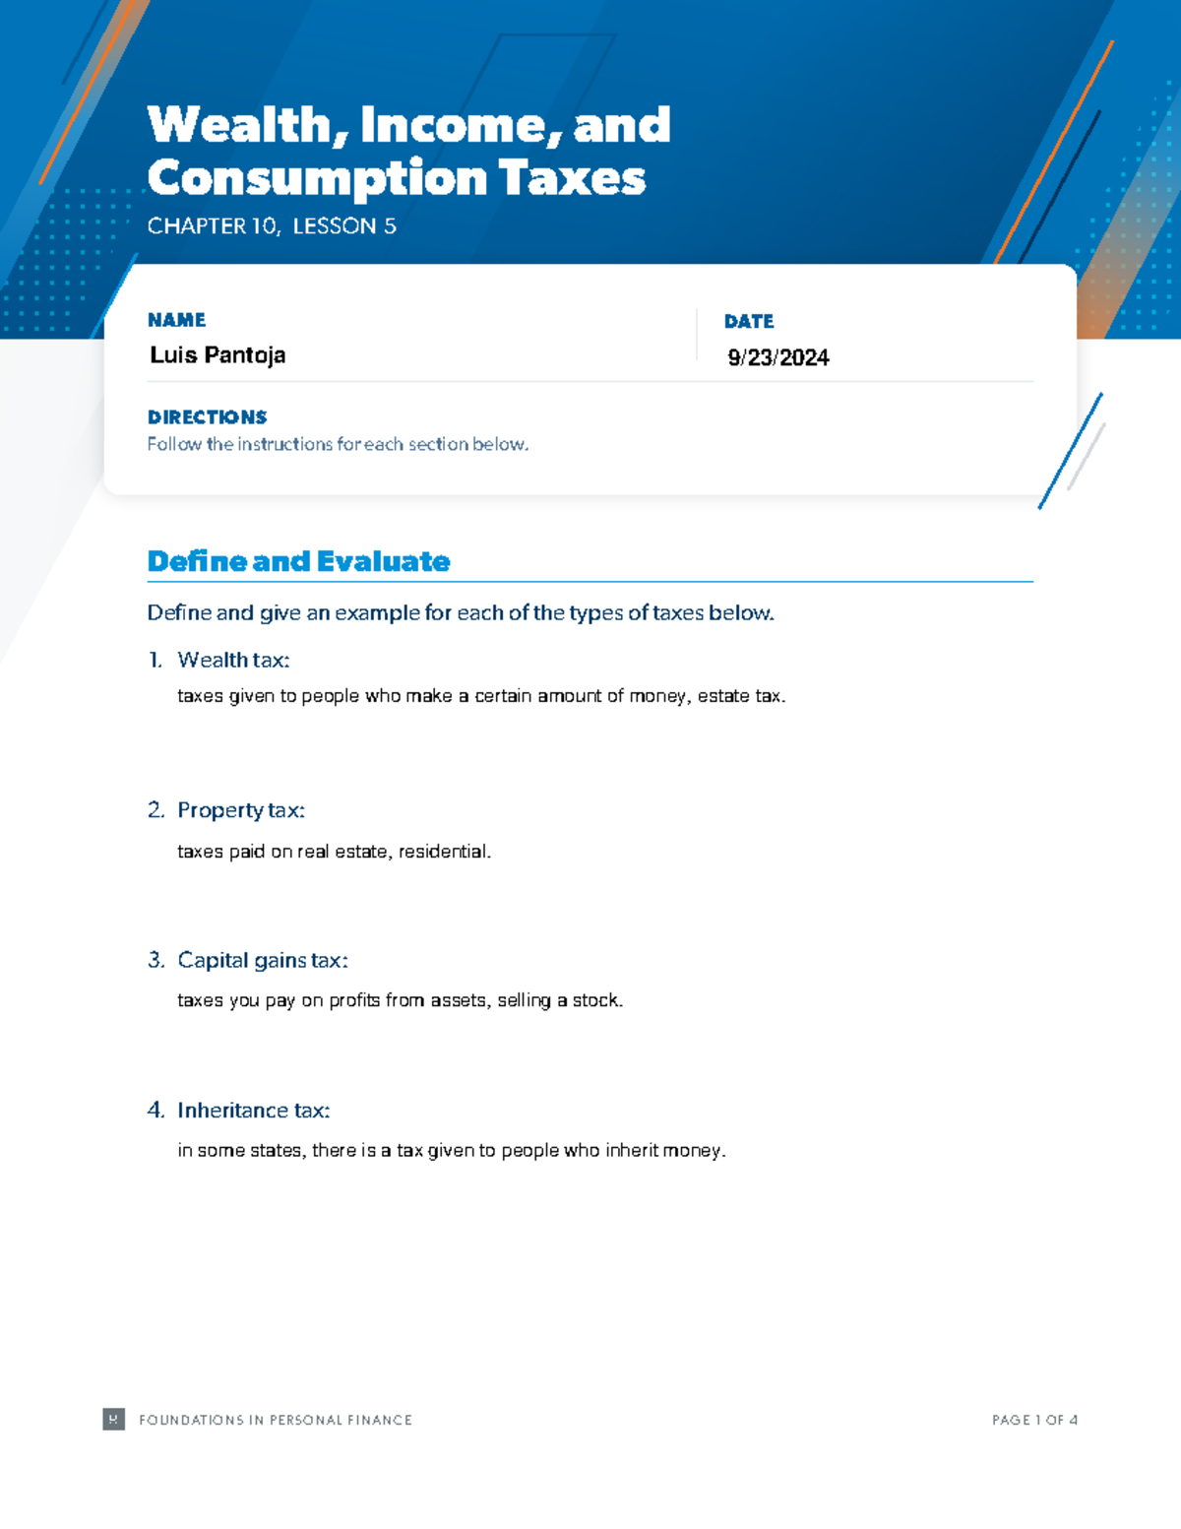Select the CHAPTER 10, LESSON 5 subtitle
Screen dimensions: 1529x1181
pyautogui.click(x=272, y=226)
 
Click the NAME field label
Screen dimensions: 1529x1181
pyautogui.click(x=176, y=320)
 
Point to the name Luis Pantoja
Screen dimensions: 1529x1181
pyautogui.click(x=218, y=355)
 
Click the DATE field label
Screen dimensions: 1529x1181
pyautogui.click(x=749, y=321)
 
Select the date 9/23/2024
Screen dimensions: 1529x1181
pyautogui.click(x=778, y=357)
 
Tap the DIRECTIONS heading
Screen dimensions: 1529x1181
pyautogui.click(x=207, y=417)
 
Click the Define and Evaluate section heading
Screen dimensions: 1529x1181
pyautogui.click(x=298, y=561)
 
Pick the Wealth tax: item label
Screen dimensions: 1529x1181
pyautogui.click(x=233, y=660)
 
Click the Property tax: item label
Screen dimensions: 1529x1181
pyautogui.click(x=241, y=810)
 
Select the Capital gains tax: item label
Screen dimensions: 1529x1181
pyautogui.click(x=263, y=960)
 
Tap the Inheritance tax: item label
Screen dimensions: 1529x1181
pyautogui.click(x=253, y=1111)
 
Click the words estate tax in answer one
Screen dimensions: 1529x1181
pyautogui.click(x=740, y=696)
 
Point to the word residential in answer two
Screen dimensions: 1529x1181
pyautogui.click(x=443, y=852)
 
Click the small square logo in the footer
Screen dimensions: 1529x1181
pyautogui.click(x=114, y=1419)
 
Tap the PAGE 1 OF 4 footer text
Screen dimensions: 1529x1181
pyautogui.click(x=1034, y=1420)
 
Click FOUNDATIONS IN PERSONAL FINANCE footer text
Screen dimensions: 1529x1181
pyautogui.click(x=276, y=1420)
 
